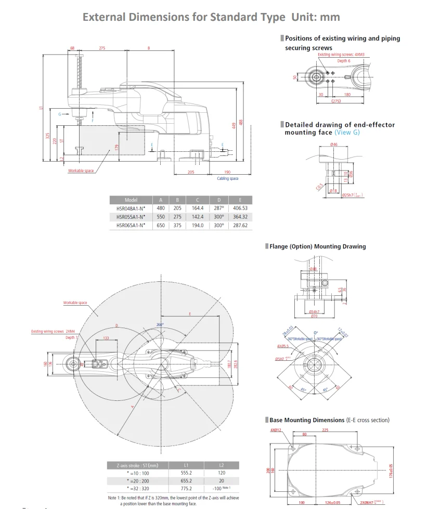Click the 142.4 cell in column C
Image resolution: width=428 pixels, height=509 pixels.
coord(198,217)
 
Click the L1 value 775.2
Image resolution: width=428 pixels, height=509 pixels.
coord(186,488)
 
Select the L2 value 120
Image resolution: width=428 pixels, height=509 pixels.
coord(222,473)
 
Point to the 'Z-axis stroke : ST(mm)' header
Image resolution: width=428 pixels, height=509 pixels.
coord(138,465)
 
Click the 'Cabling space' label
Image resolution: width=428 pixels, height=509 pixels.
coord(227,179)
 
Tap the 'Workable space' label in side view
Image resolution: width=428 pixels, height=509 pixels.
coord(81,171)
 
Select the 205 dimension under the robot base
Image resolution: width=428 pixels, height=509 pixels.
coord(190,172)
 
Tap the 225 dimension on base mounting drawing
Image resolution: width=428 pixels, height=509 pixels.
coord(325,430)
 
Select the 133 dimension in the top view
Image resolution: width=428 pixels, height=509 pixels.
coord(106,338)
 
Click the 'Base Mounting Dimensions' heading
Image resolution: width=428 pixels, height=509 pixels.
coord(306,420)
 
